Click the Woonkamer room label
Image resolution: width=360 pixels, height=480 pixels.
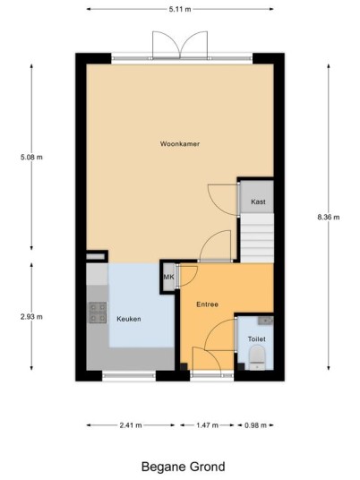[180, 143]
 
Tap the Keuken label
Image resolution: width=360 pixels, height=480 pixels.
[129, 319]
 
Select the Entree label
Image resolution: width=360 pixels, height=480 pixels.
[207, 304]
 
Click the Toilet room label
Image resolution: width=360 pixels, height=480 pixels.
[256, 339]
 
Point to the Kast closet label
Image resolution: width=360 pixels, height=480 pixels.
[258, 201]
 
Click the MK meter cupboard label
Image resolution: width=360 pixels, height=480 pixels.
[168, 277]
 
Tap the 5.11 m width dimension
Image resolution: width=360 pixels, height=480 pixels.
[180, 9]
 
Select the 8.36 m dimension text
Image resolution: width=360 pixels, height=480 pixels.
[329, 217]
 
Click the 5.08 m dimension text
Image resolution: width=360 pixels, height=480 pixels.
[31, 158]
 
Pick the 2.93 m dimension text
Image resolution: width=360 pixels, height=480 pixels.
[31, 317]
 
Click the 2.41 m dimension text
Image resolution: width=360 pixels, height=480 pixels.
[131, 425]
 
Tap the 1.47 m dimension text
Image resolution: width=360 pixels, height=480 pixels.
[207, 425]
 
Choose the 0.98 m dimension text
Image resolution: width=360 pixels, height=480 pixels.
[255, 425]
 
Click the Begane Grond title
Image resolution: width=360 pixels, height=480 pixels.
[183, 467]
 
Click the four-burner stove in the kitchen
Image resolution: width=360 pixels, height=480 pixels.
[98, 313]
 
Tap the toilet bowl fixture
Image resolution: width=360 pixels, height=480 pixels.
[257, 357]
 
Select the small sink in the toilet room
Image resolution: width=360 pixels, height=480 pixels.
[265, 321]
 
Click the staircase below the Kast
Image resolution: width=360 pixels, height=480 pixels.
[257, 238]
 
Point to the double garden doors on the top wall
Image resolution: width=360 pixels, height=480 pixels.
[180, 45]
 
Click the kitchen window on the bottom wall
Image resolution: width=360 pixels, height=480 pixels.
[129, 376]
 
